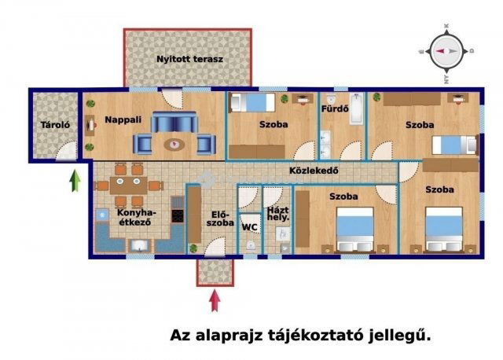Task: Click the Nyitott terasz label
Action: (189, 60)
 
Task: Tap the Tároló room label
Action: (55, 125)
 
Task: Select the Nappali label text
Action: (123, 120)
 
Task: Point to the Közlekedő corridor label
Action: (314, 171)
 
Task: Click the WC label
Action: (250, 227)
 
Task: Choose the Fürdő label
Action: (335, 108)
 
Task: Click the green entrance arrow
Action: (75, 181)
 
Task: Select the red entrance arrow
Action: (215, 300)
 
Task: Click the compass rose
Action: (446, 51)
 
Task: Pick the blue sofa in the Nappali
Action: (174, 123)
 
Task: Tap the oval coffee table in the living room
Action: (174, 145)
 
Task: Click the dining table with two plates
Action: (129, 186)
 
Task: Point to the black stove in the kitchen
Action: (178, 216)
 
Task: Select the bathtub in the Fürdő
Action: (356, 108)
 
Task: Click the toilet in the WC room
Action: (251, 245)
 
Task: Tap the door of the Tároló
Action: (66, 150)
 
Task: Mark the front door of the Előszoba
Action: (215, 247)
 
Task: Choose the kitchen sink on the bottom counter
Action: (140, 246)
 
